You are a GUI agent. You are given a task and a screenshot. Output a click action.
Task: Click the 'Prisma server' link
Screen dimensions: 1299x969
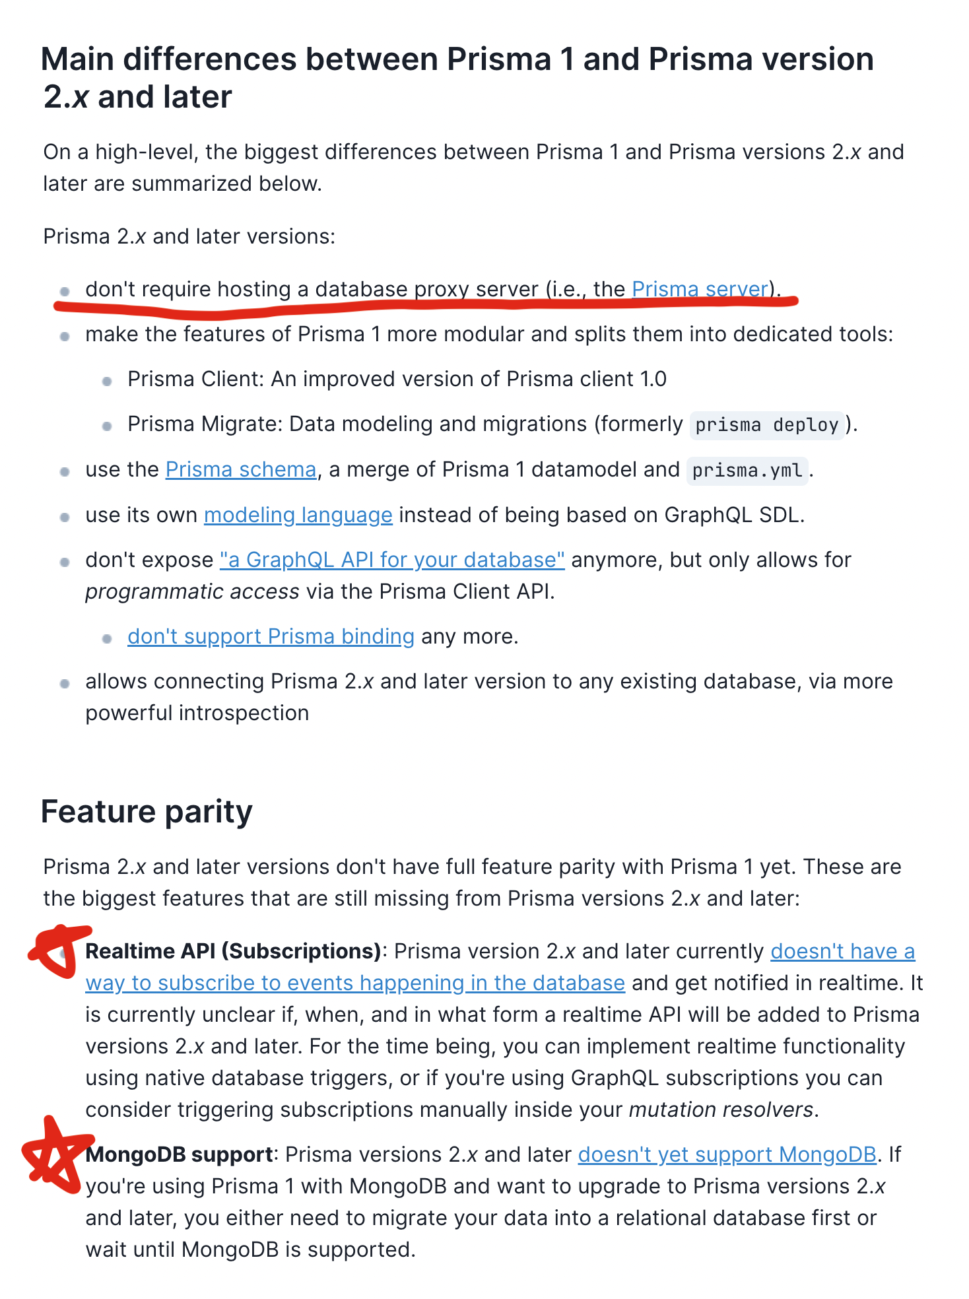(x=700, y=289)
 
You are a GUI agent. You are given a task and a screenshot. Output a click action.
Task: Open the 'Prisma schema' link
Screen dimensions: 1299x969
(x=241, y=469)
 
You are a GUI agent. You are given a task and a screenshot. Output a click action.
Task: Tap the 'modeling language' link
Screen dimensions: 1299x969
(x=298, y=515)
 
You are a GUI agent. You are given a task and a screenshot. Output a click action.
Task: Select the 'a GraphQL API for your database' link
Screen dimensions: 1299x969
(x=392, y=560)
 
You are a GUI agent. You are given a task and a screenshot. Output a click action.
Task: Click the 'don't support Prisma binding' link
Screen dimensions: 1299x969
(x=271, y=636)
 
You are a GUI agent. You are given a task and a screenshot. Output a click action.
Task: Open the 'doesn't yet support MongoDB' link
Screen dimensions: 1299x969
(x=727, y=1154)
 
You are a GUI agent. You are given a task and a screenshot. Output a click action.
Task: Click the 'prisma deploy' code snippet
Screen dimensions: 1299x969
(x=766, y=424)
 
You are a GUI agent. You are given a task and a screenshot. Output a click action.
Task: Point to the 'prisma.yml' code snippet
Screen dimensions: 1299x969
(x=747, y=471)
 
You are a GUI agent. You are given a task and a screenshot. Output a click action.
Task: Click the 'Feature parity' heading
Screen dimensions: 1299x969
(x=147, y=811)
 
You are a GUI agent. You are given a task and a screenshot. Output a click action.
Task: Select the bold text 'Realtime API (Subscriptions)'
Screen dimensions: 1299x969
(x=234, y=951)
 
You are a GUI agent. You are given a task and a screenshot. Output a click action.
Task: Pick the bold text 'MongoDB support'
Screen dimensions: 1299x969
(x=179, y=1154)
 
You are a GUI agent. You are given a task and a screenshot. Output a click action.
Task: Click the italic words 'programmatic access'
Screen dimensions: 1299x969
(x=192, y=591)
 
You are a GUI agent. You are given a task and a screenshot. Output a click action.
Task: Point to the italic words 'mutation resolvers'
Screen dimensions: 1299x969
(x=721, y=1110)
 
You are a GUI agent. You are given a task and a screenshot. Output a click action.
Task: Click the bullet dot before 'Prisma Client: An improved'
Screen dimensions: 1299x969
(x=107, y=381)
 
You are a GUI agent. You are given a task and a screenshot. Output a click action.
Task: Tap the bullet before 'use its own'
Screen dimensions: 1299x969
(x=65, y=517)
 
